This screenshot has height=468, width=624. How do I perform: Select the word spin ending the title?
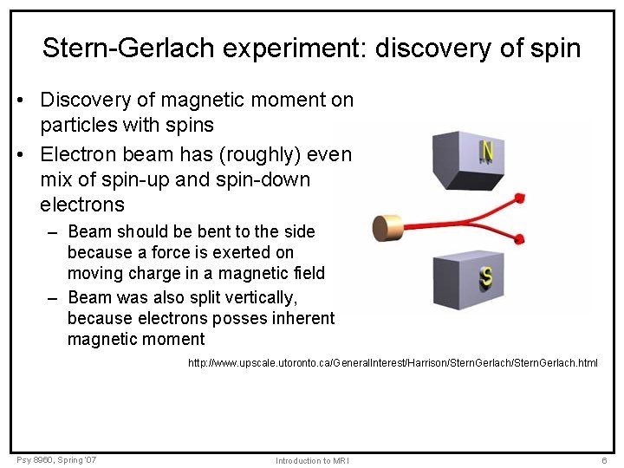[553, 48]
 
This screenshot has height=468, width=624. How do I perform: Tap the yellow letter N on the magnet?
[487, 153]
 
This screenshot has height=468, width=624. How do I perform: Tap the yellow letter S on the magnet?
[486, 276]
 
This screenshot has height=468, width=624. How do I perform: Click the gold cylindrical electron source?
[387, 227]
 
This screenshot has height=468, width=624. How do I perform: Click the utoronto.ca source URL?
[393, 362]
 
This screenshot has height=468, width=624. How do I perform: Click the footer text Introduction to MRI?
[312, 460]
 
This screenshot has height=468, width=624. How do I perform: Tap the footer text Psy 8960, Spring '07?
[56, 459]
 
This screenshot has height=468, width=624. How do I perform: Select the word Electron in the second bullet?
[76, 155]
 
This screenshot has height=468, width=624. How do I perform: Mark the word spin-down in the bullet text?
[269, 180]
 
